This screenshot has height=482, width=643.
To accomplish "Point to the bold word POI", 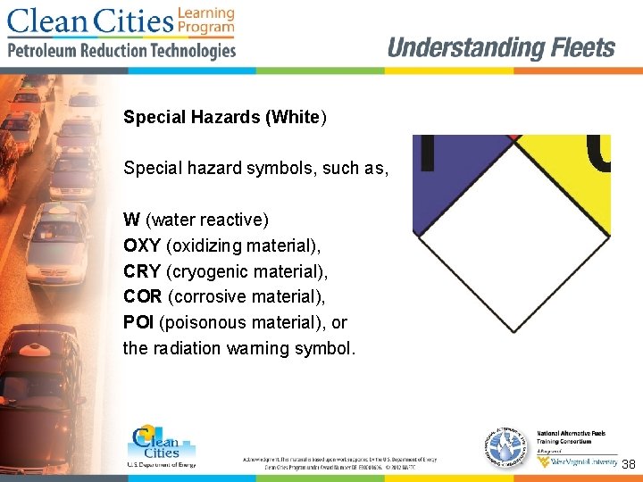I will click(x=138, y=321).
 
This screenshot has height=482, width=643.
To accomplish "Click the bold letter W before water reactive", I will click(x=131, y=219).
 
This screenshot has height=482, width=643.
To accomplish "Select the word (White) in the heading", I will click(x=296, y=117).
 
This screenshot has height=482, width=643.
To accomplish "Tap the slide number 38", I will click(x=628, y=464).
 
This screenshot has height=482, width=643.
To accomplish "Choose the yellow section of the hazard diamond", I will click(x=572, y=179).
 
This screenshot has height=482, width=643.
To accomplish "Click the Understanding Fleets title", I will click(x=501, y=48).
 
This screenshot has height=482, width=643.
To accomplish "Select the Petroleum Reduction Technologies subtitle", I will click(x=121, y=51).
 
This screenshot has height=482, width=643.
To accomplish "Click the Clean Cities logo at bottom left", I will click(x=161, y=445).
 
